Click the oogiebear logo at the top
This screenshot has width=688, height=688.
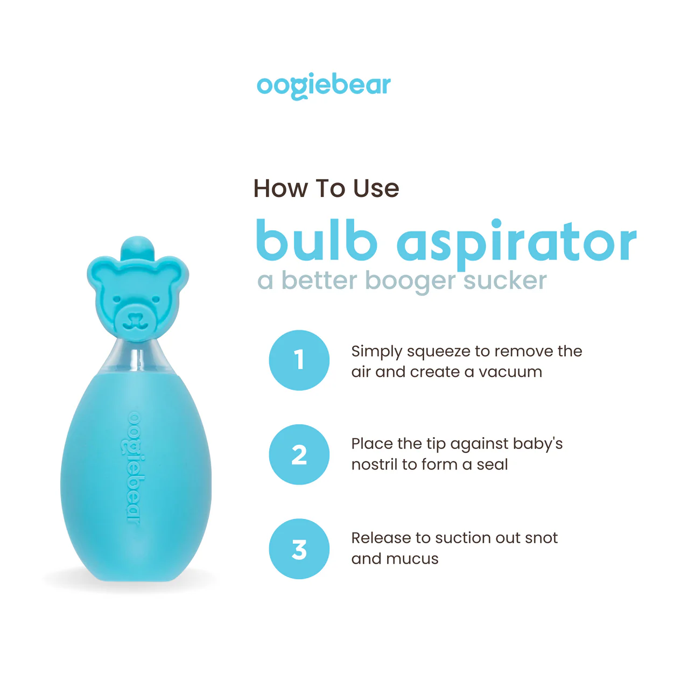tap(324, 86)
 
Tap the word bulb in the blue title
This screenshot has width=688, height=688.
tap(317, 240)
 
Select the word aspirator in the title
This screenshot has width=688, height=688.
tap(516, 244)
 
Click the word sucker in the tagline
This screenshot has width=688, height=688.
tap(505, 280)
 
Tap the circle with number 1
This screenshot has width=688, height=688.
tap(299, 360)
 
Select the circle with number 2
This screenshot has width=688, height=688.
tap(299, 454)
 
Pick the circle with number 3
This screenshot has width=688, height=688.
tap(299, 549)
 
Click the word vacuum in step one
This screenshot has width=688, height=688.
tap(510, 372)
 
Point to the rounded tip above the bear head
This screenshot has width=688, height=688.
tap(137, 248)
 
